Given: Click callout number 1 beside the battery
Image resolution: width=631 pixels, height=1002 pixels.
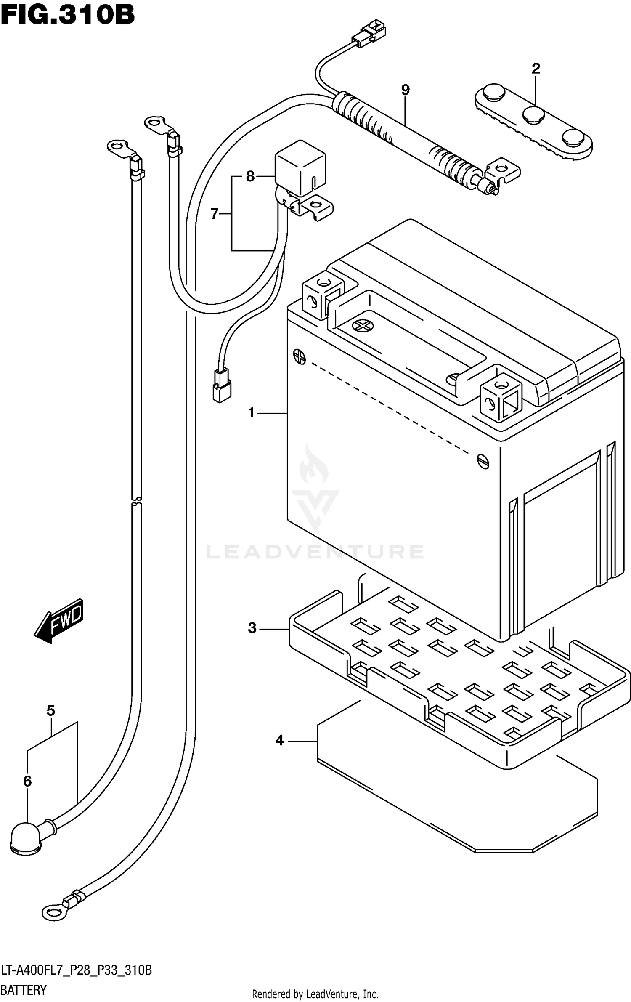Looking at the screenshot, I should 252,413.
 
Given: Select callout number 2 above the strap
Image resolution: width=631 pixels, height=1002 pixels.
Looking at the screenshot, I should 536,68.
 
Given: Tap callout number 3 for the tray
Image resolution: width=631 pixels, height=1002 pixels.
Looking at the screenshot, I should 252,628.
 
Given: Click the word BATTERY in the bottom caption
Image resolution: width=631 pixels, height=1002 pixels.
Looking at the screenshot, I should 24,990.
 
